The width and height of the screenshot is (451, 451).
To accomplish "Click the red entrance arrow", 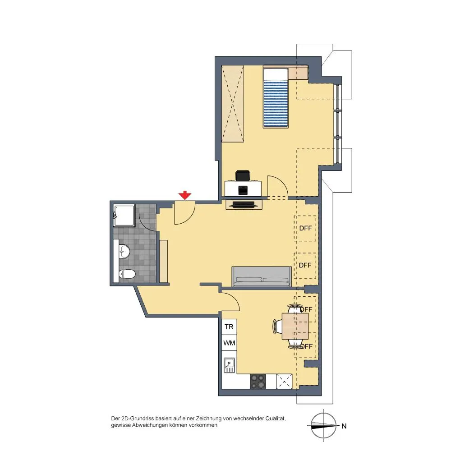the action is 184,195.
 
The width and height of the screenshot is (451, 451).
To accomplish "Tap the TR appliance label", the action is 229,327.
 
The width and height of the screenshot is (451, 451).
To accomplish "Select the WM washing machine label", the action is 229,343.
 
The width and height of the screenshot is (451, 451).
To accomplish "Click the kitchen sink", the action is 229,365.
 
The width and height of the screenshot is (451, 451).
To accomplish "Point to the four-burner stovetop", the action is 258,382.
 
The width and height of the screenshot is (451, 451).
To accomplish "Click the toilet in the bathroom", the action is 127,274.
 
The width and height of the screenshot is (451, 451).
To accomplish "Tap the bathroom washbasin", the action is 124,252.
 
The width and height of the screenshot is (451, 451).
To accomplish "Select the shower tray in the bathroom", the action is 124,216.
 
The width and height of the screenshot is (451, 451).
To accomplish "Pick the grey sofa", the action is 262,276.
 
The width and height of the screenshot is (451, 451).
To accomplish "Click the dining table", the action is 295,327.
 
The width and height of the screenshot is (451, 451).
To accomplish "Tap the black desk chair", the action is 243,175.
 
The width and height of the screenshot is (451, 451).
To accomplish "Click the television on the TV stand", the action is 244,204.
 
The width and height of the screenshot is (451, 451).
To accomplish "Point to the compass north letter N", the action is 344,426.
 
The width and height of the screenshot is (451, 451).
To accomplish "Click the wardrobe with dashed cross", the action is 233,104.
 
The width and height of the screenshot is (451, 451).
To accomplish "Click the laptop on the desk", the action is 243,190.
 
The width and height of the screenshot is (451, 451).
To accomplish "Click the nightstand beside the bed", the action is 298,73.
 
